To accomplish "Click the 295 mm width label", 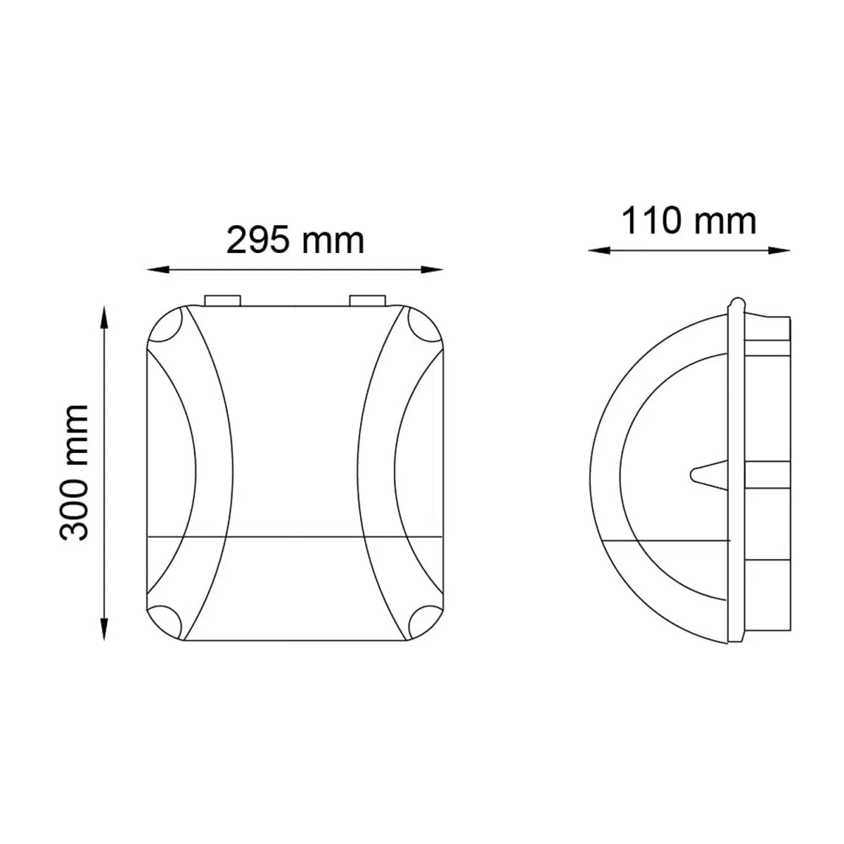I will (x=295, y=241).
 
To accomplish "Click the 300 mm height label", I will (x=75, y=473).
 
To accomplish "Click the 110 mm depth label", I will (x=689, y=221).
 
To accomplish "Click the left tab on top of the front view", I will (x=222, y=300).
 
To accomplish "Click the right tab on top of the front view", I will (x=367, y=300).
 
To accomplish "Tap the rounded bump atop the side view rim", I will (x=736, y=303).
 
